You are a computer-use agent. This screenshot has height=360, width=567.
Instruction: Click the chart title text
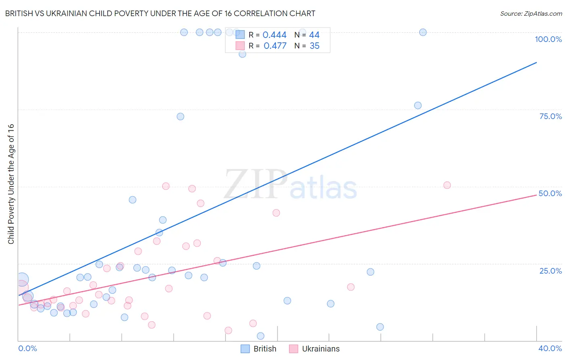click(160, 13)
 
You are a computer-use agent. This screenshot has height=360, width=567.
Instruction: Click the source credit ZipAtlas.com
click(531, 13)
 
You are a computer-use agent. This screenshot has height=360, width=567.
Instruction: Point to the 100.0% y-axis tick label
click(548, 39)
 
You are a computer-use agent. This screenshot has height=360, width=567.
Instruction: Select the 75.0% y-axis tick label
click(550, 116)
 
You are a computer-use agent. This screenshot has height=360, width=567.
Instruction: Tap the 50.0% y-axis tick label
click(550, 193)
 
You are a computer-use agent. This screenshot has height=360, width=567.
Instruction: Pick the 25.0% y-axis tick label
click(550, 270)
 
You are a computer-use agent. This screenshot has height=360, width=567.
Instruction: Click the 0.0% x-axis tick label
click(28, 348)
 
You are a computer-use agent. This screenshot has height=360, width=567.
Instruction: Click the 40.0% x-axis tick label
click(550, 348)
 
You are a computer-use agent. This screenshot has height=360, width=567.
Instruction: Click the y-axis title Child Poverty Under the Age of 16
click(11, 184)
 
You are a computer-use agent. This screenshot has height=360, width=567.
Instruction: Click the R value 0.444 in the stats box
click(275, 35)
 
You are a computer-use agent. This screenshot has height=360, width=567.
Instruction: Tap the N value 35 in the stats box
click(315, 46)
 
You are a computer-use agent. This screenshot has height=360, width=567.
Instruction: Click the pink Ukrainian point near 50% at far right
click(447, 185)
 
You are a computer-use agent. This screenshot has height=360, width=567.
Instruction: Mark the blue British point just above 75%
click(418, 105)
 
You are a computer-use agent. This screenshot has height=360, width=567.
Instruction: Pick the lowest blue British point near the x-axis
click(261, 336)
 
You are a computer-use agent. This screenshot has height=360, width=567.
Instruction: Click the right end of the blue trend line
click(536, 63)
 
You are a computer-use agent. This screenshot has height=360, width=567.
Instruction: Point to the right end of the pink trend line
click(536, 195)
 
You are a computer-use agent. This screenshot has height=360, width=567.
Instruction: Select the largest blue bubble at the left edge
click(22, 279)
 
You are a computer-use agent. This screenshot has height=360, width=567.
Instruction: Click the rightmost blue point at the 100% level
click(423, 32)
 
